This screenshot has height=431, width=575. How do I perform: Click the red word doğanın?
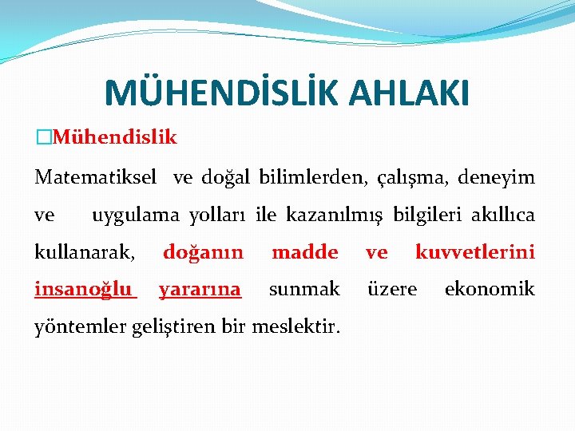[203, 253]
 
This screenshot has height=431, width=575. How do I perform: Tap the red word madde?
[304, 253]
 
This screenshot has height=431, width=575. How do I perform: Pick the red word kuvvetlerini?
[474, 253]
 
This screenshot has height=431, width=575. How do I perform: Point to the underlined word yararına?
[200, 290]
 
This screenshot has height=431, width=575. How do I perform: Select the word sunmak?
[304, 289]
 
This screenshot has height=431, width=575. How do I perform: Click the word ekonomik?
[489, 289]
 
